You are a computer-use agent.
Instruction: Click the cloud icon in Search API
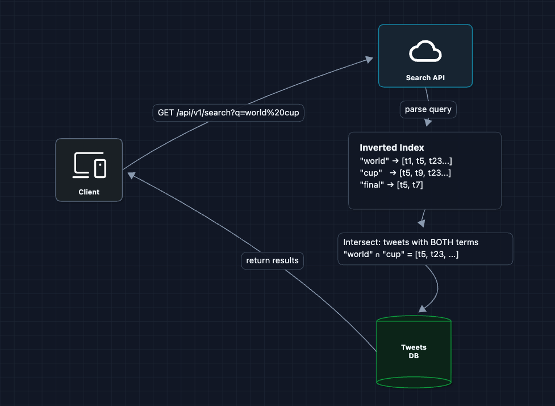click(425, 52)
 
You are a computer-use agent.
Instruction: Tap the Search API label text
click(425, 77)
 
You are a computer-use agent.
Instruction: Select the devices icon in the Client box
click(89, 165)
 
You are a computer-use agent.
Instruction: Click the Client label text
click(89, 192)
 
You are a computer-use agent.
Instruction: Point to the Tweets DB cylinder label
click(414, 351)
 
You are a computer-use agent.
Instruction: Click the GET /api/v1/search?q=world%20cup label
click(228, 113)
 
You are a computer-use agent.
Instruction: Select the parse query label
click(428, 109)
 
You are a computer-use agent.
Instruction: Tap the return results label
click(272, 260)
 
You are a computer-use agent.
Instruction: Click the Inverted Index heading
click(391, 148)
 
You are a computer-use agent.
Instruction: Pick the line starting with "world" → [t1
click(406, 161)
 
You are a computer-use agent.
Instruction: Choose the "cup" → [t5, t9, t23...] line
click(405, 173)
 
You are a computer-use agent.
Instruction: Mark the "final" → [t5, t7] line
click(391, 184)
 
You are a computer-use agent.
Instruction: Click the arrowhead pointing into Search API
click(369, 59)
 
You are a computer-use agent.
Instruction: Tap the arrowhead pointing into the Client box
click(131, 176)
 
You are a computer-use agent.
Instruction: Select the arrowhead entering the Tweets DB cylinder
click(422, 309)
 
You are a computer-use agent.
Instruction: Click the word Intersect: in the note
click(362, 242)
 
